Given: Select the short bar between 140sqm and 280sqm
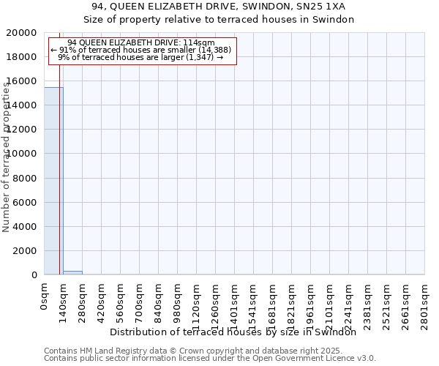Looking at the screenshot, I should point(72,272).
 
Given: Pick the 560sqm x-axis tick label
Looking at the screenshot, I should point(120,303).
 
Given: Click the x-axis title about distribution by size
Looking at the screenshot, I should point(238,332).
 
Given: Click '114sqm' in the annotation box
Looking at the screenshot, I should point(199,42).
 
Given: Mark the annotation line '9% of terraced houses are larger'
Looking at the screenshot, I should point(140,57).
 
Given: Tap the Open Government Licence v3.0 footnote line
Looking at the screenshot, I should point(210,358).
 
